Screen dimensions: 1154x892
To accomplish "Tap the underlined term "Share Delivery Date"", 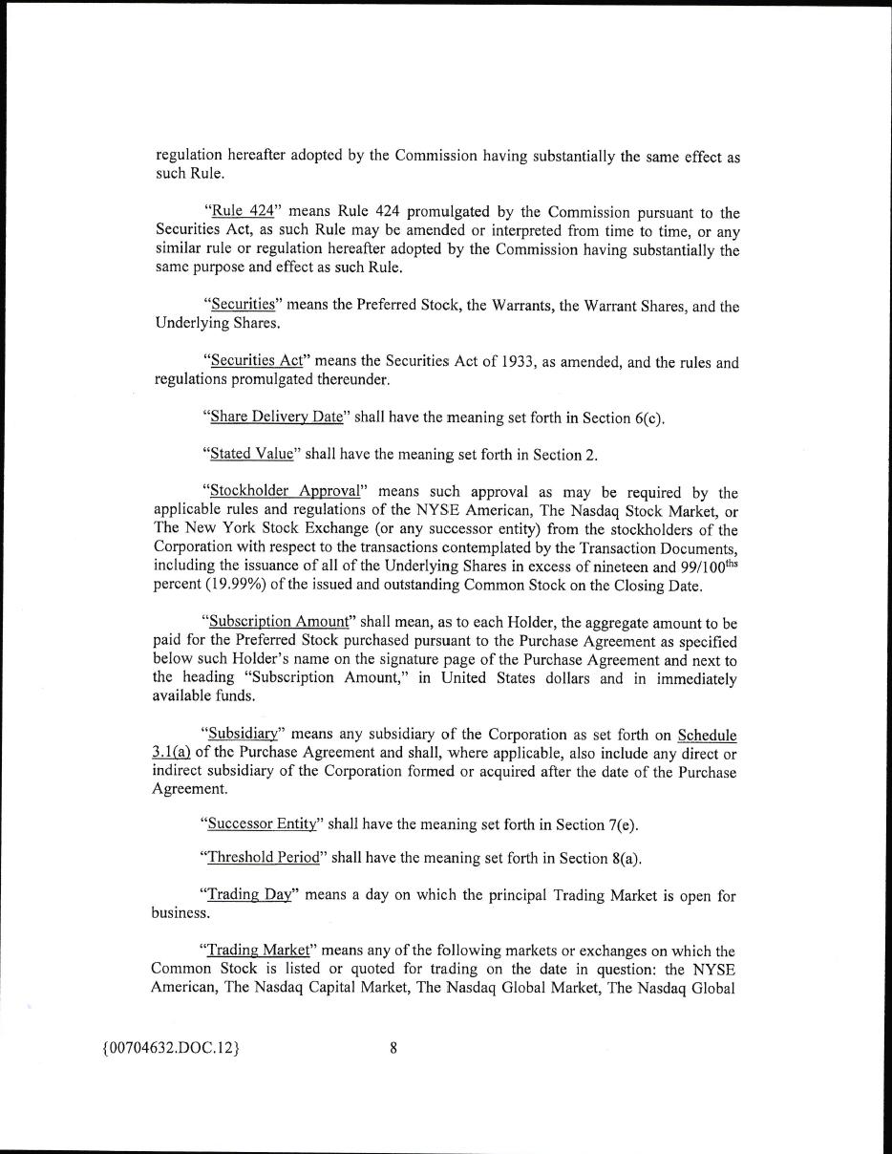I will click(x=276, y=417).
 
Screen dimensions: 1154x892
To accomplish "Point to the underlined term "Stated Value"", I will click(x=251, y=454).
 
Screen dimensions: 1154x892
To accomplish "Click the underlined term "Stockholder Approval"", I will click(x=285, y=491).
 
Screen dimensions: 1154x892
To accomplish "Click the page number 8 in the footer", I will click(x=393, y=1048).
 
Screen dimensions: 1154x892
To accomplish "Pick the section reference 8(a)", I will click(x=625, y=857).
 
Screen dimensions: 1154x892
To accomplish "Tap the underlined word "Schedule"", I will click(x=707, y=735).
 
